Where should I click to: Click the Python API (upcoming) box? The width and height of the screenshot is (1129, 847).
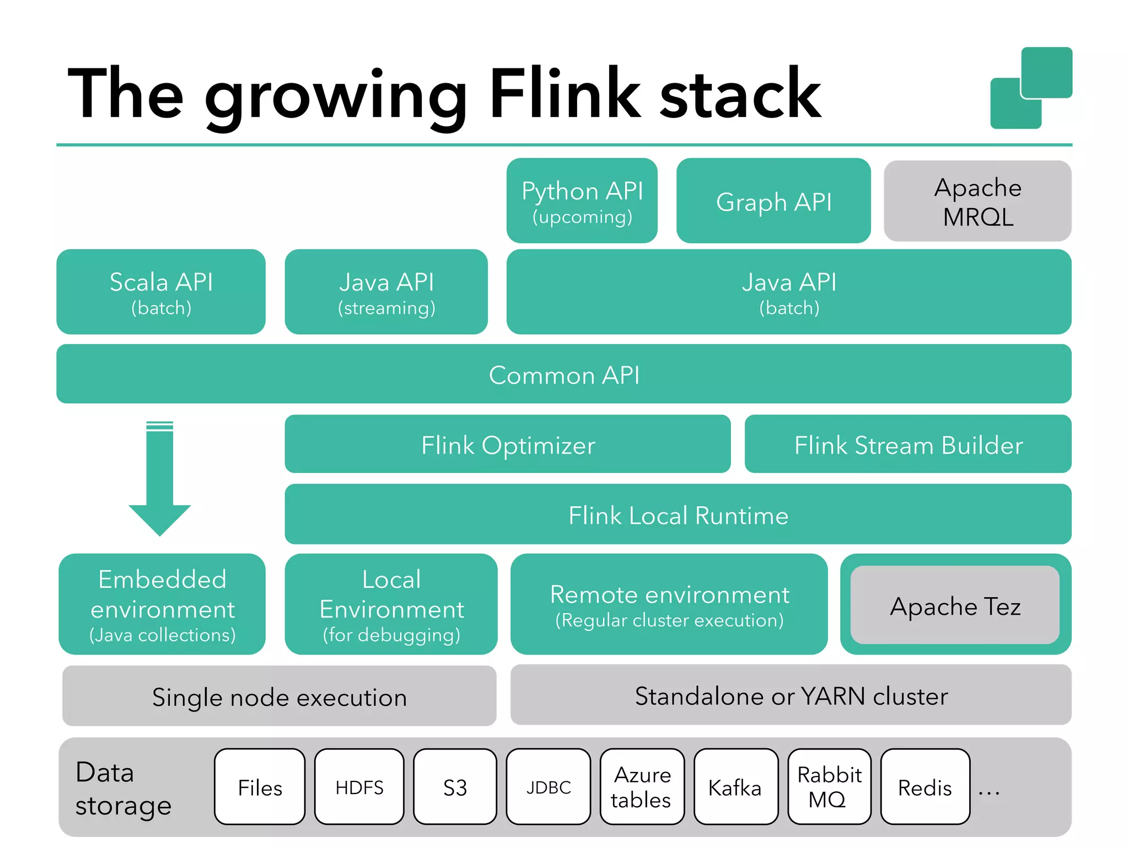point(582,201)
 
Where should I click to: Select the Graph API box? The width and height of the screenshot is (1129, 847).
point(773,201)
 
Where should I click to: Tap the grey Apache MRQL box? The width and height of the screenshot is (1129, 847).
point(977,201)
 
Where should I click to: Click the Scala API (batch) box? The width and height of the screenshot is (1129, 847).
point(161,292)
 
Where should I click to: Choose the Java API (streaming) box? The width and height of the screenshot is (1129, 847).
point(386,292)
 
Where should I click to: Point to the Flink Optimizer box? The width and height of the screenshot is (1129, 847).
point(507,444)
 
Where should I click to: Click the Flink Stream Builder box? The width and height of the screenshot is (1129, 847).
point(907,444)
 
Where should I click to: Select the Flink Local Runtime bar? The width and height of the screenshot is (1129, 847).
point(678,514)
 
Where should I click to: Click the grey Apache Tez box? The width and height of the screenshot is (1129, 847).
point(955,605)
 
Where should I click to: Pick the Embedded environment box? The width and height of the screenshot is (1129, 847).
point(162,604)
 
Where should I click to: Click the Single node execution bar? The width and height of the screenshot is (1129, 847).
point(279,696)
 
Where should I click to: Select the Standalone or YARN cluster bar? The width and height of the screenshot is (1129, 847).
point(791,695)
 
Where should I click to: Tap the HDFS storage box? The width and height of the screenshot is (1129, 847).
point(359,787)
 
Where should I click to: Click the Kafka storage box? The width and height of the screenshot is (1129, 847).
point(735,787)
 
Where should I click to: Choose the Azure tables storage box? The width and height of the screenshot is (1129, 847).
point(642,787)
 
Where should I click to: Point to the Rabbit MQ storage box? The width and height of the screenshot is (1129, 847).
point(829,787)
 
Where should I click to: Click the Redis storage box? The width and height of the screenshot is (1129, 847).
point(924,787)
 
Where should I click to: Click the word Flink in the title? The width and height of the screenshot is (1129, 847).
point(565,94)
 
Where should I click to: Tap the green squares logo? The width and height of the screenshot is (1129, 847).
point(1031,88)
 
